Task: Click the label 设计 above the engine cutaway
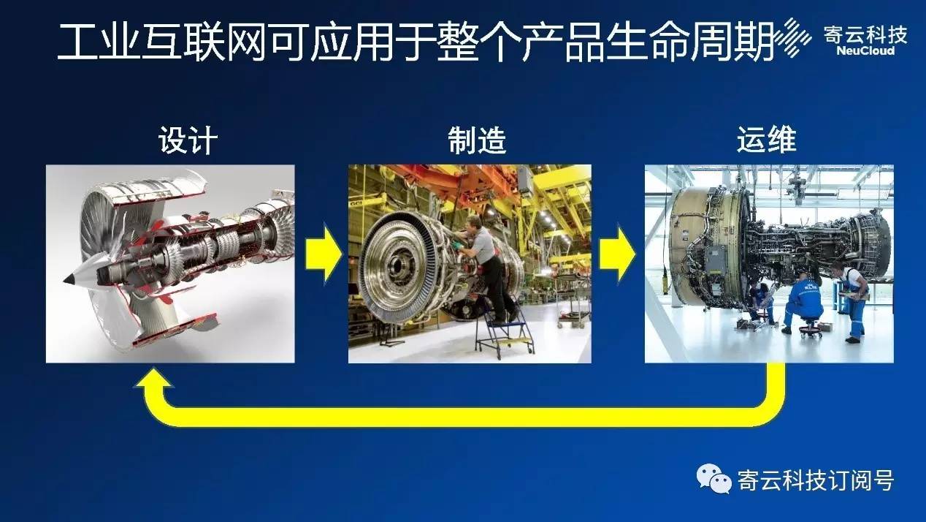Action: pyautogui.click(x=188, y=140)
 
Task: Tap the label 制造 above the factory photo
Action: pyautogui.click(x=477, y=140)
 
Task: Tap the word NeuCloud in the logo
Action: pyautogui.click(x=865, y=51)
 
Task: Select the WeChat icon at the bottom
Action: pyautogui.click(x=713, y=479)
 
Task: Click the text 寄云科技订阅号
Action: pyautogui.click(x=816, y=480)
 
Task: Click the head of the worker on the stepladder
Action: pyautogui.click(x=474, y=224)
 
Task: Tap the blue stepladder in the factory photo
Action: pyautogui.click(x=503, y=331)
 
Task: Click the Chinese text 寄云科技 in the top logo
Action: pyautogui.click(x=865, y=35)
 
